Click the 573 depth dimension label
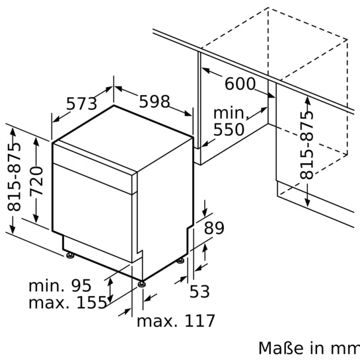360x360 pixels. [82, 104]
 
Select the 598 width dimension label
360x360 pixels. [154, 102]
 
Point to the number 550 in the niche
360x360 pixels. [229, 129]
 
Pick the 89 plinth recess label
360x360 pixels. [214, 229]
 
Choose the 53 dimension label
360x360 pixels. [199, 290]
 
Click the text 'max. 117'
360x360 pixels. [176, 322]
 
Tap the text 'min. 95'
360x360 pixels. [59, 286]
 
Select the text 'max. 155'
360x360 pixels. [68, 303]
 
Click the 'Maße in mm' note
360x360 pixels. [308, 348]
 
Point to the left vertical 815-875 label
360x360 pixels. [15, 177]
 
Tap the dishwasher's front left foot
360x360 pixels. [69, 254]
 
